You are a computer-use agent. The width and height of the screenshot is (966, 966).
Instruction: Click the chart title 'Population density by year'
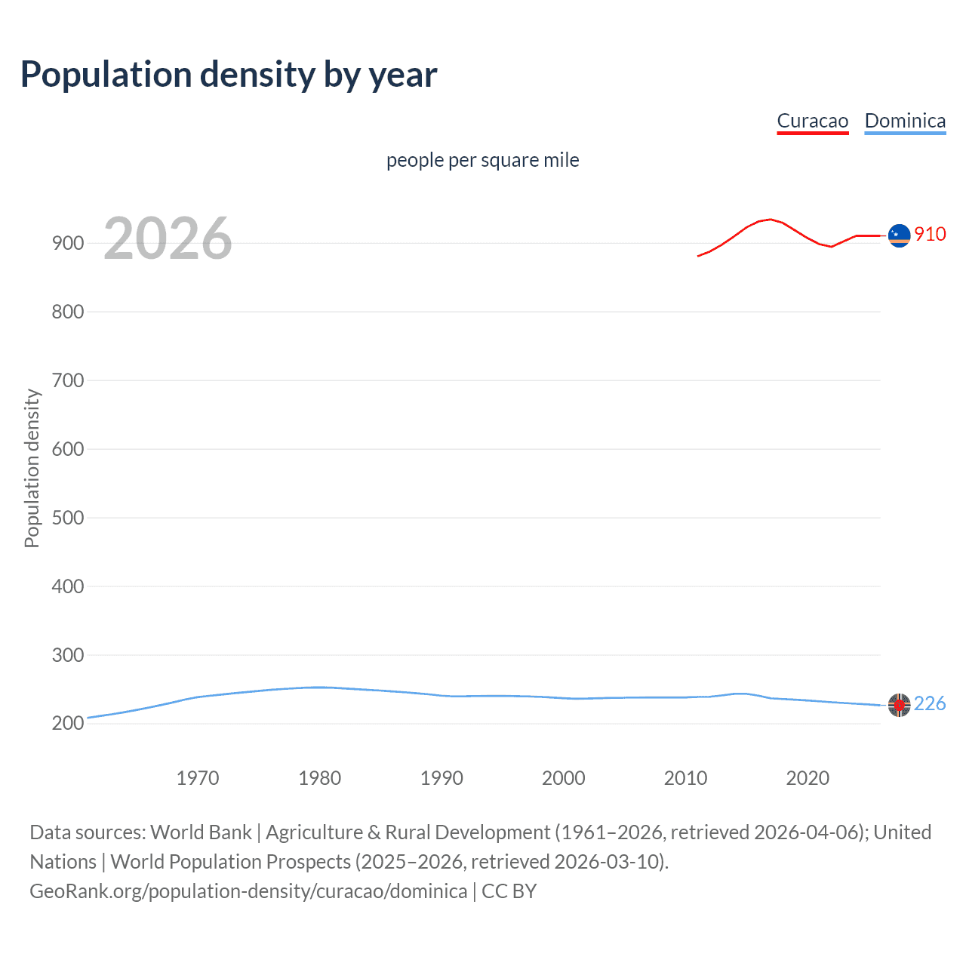coord(229,75)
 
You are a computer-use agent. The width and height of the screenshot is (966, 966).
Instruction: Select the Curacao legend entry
coord(812,121)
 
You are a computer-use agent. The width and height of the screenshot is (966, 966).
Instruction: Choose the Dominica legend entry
coord(905,121)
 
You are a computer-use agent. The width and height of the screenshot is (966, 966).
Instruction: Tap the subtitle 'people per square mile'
coord(482,160)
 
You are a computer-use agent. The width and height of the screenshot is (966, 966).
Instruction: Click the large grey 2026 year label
coord(168,238)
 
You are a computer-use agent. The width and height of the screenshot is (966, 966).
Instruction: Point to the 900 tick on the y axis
coord(68,243)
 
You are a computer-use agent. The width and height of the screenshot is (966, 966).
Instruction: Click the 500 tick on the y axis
coord(68,518)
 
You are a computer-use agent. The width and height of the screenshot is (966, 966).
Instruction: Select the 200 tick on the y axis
coord(68,723)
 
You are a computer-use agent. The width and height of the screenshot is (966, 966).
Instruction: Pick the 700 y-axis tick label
coord(68,380)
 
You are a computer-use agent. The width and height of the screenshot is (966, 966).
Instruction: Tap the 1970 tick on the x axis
coord(198,778)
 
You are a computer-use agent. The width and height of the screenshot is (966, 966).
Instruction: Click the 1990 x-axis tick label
coord(441,778)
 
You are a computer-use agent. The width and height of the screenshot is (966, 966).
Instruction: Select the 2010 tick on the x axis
coord(685,778)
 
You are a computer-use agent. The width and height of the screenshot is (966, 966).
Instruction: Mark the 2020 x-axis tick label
coord(808,778)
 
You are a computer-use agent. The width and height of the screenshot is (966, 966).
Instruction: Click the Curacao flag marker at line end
coord(899,235)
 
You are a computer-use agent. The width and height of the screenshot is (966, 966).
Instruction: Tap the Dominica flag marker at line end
coord(899,705)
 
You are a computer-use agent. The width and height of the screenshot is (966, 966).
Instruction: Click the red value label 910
coord(930,235)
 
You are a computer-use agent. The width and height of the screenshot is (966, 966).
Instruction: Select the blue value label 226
coord(930,704)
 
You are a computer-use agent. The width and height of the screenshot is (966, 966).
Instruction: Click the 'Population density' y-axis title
coord(32,468)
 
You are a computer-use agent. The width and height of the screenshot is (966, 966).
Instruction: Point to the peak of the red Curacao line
coord(769,220)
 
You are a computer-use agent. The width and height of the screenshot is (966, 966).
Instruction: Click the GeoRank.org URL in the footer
coord(248,891)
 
